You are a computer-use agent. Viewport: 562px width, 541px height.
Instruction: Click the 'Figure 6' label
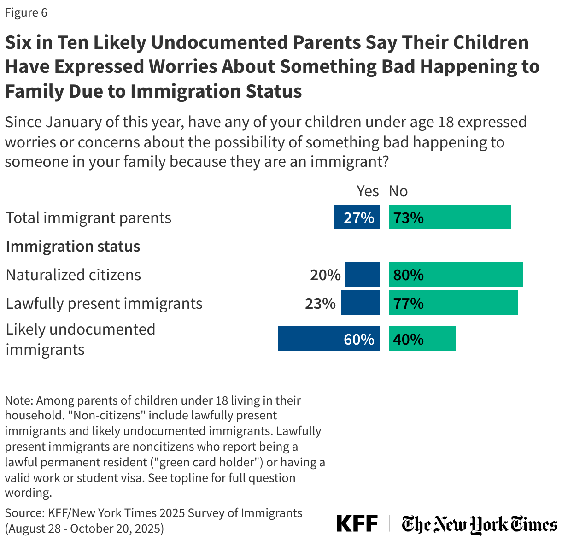click(26, 12)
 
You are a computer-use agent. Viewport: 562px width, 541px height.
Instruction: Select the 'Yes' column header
click(368, 191)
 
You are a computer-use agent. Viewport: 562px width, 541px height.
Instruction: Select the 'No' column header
click(398, 191)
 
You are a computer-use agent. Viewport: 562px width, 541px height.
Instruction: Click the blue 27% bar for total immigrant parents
click(357, 217)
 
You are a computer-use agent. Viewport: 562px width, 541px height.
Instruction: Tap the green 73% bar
click(450, 217)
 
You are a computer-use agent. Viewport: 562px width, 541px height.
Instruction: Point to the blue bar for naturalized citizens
click(362, 274)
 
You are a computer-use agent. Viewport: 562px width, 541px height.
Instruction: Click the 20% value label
click(325, 275)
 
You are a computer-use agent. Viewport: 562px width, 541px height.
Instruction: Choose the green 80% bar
click(456, 274)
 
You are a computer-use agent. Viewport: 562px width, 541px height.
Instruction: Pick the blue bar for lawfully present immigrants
click(360, 303)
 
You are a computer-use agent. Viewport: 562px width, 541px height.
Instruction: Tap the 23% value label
click(320, 303)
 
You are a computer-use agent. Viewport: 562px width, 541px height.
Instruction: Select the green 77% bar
click(453, 303)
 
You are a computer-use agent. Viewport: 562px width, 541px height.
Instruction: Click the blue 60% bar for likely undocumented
click(328, 339)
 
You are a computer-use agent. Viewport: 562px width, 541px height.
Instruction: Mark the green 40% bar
click(422, 339)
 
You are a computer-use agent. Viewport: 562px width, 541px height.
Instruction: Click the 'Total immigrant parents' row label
click(88, 218)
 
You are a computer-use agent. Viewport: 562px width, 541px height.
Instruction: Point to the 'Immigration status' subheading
click(73, 246)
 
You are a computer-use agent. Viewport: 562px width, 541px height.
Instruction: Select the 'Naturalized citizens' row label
click(73, 275)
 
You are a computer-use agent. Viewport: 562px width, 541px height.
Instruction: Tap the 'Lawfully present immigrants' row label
click(104, 303)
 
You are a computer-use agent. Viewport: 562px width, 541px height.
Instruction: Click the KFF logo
click(357, 524)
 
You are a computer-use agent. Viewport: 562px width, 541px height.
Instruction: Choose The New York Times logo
click(479, 524)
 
